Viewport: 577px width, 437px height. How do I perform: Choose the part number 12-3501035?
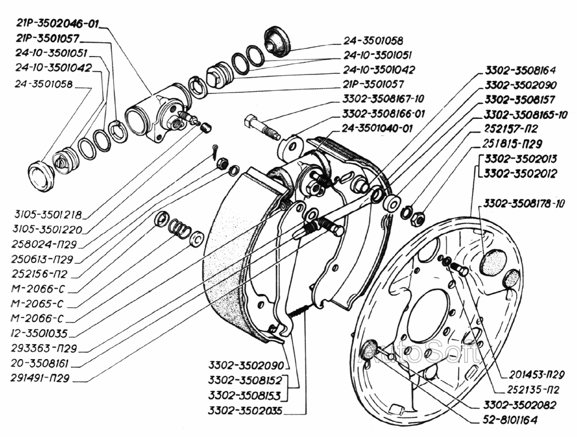pos(38,334)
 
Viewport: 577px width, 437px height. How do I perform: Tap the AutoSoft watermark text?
pos(418,349)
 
